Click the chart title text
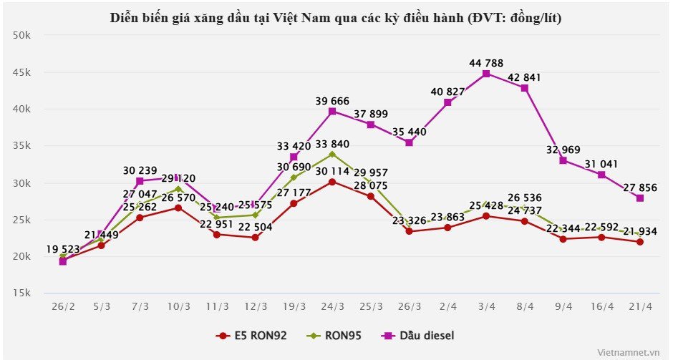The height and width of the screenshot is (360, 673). pos(336,19)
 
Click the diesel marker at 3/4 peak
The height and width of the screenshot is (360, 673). pos(486,74)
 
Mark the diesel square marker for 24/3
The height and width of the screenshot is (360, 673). pos(332,112)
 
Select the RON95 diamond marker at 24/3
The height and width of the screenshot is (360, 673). pos(332,154)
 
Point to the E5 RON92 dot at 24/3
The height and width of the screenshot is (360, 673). pos(332,182)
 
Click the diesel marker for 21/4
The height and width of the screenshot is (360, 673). pos(640,198)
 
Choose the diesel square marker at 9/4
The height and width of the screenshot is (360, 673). pos(563,160)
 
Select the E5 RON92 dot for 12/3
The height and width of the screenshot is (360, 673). pos(255,238)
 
